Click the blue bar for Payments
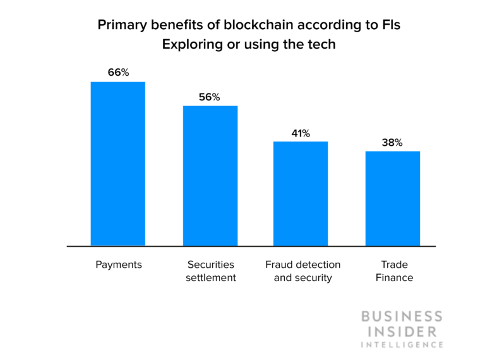(118, 164)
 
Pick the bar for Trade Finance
(393, 198)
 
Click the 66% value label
(118, 73)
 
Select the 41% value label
(301, 133)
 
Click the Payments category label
(118, 265)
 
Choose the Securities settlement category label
(210, 271)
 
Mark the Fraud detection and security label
(302, 271)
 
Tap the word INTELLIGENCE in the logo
(402, 345)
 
